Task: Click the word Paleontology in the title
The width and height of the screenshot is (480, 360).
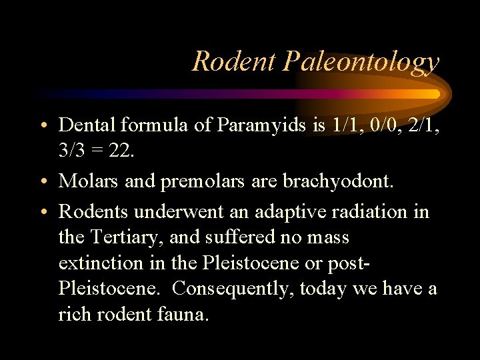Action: (x=361, y=62)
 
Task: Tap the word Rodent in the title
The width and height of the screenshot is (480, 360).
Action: (x=233, y=61)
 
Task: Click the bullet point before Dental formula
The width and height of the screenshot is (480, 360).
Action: (x=43, y=125)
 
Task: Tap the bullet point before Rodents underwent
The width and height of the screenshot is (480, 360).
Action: (x=43, y=213)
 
